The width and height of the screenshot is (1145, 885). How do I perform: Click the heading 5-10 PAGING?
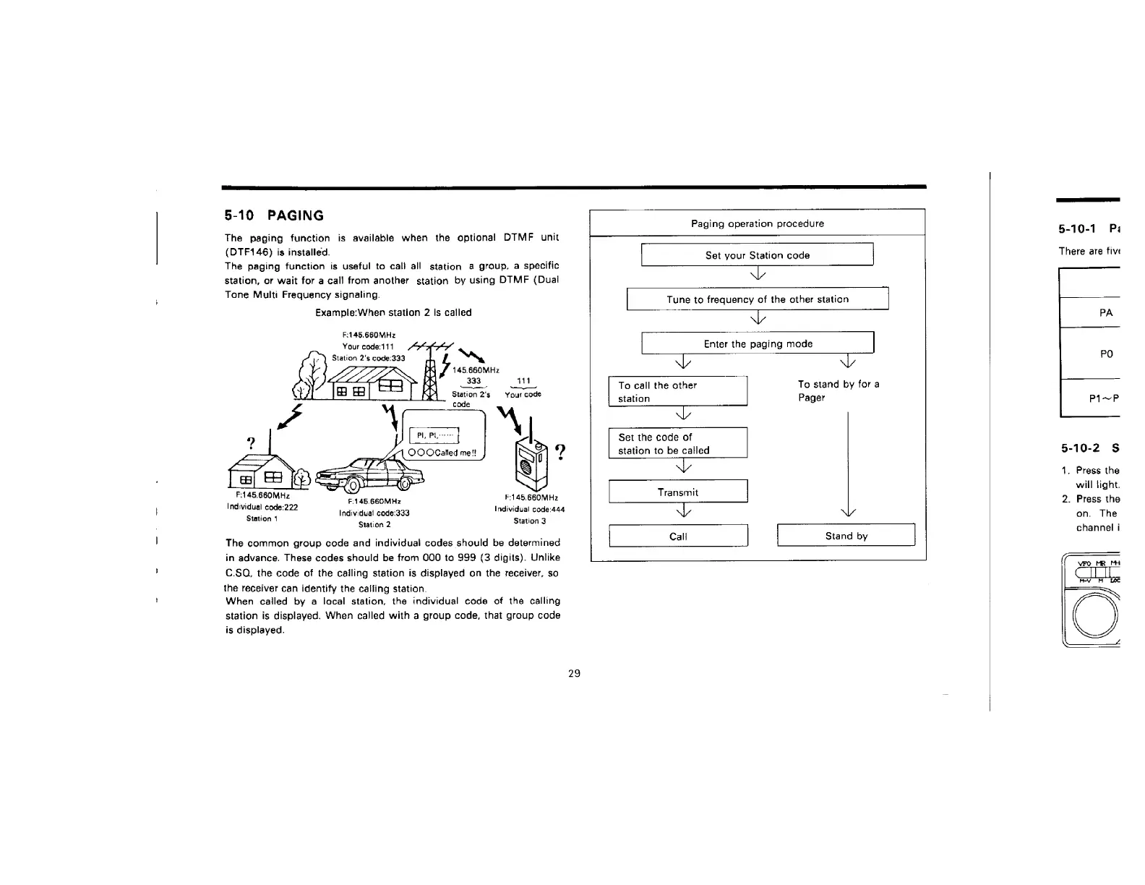tap(274, 215)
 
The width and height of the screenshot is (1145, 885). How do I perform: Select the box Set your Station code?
tap(757, 255)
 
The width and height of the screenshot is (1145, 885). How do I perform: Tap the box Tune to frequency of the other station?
tap(757, 299)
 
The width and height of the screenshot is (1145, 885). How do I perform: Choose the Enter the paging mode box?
tap(758, 344)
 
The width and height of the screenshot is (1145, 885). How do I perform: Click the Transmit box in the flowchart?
tap(677, 492)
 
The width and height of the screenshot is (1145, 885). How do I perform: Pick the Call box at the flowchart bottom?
tap(677, 536)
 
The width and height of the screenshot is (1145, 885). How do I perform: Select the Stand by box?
tap(846, 536)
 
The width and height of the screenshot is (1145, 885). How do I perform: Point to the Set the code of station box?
tap(677, 443)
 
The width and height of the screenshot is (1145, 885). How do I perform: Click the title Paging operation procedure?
tap(757, 223)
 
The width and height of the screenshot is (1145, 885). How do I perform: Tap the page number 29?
tap(574, 674)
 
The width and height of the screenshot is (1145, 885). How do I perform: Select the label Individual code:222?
tap(262, 507)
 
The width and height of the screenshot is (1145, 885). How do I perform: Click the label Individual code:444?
tap(529, 509)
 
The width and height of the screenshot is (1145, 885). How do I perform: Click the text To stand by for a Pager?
tap(838, 391)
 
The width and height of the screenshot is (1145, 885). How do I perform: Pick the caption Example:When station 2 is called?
tap(393, 312)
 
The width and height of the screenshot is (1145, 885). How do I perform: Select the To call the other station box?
tap(677, 392)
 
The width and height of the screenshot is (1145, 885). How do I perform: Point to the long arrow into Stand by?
tap(846, 463)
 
